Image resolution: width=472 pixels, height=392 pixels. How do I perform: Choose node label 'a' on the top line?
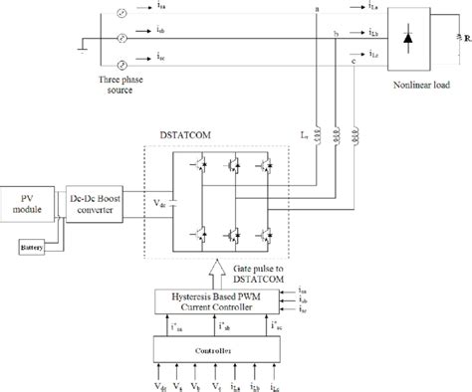(x=317, y=9)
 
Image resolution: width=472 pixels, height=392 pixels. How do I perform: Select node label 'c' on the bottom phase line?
(x=355, y=63)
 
